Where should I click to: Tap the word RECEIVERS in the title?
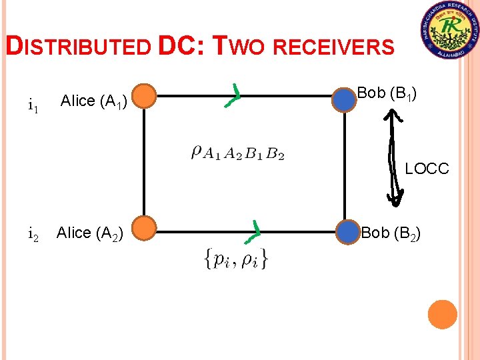click(333, 47)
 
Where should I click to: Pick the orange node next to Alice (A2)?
click(145, 231)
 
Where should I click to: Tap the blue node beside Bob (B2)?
click(347, 232)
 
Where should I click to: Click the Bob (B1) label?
click(387, 93)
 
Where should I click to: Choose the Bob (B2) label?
click(390, 233)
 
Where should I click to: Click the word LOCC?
click(427, 169)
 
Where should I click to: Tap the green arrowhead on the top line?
click(234, 96)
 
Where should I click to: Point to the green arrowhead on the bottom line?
click(253, 231)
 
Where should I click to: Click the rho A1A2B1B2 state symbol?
click(237, 153)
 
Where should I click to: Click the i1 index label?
click(33, 105)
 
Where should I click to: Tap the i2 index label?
click(33, 234)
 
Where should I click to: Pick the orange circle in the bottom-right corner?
click(442, 314)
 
